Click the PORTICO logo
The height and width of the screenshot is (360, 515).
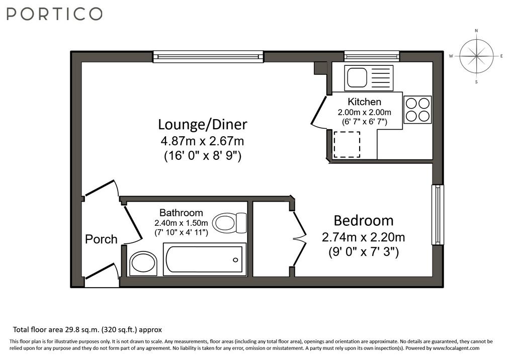[54, 14]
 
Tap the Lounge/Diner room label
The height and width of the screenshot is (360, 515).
[203, 125]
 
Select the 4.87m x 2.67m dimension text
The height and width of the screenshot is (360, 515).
[202, 141]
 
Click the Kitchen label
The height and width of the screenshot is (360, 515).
[365, 102]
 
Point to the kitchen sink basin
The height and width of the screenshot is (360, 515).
[357, 78]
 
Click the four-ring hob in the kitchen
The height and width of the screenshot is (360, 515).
[417, 110]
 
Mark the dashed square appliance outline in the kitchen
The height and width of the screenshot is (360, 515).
[347, 144]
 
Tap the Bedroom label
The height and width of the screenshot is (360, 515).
[364, 220]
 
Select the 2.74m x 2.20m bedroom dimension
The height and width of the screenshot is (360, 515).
[363, 237]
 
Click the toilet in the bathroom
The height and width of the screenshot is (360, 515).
[229, 223]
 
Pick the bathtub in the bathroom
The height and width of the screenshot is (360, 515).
[205, 259]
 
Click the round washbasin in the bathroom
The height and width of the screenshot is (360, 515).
[143, 263]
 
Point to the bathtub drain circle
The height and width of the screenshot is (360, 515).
[235, 260]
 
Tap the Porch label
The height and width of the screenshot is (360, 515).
[101, 239]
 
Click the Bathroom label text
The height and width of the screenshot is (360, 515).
[181, 213]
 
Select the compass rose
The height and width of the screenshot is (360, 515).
[476, 56]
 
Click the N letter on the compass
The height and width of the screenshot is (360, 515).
[476, 31]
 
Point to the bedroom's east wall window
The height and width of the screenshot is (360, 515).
[438, 215]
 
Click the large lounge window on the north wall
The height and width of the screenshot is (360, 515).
[208, 56]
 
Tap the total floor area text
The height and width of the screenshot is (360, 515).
[88, 329]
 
